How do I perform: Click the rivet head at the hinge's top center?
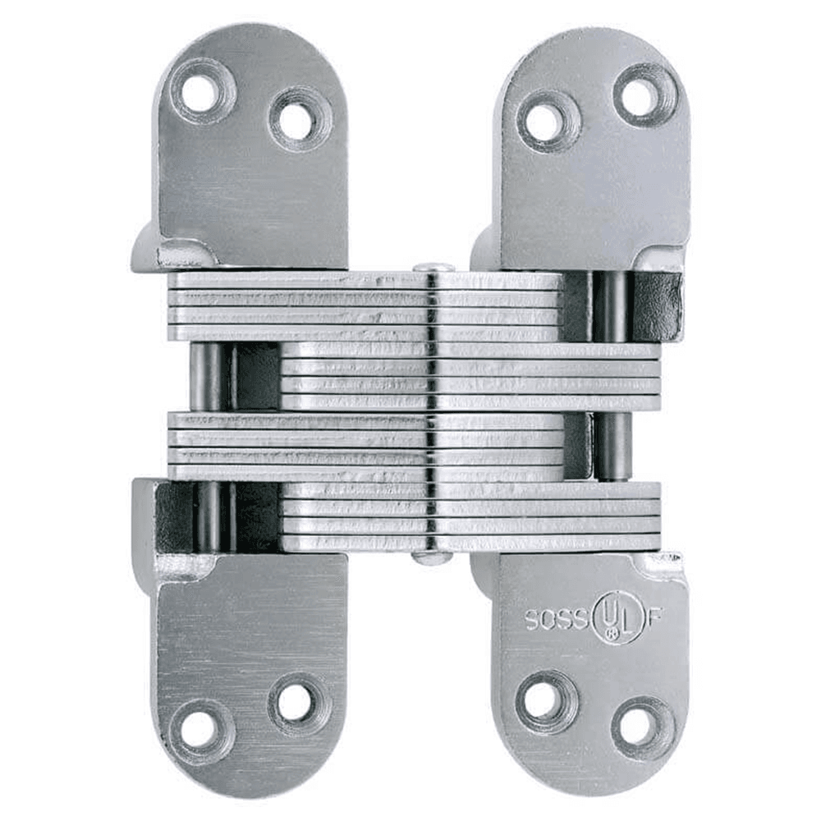(x=433, y=268)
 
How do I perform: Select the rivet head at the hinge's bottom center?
(x=433, y=557)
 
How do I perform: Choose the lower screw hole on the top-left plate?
(x=296, y=122)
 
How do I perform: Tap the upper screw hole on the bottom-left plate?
(x=296, y=701)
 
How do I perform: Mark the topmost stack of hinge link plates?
(x=365, y=306)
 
